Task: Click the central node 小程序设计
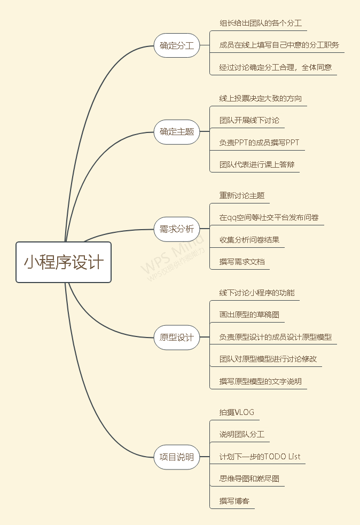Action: [64, 262]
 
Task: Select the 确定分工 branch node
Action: [177, 46]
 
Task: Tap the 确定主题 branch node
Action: [177, 131]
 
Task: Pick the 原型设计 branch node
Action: [177, 338]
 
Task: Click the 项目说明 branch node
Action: [177, 457]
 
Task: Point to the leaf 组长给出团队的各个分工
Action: [261, 23]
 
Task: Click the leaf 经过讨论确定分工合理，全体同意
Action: [276, 67]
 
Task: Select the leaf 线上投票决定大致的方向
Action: [261, 98]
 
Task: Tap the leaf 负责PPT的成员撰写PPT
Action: [259, 143]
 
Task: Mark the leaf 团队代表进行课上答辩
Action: [257, 164]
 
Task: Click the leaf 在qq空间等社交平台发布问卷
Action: [269, 217]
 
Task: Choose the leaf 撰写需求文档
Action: [242, 262]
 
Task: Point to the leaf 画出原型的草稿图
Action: [249, 315]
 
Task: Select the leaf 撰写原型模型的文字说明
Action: [261, 381]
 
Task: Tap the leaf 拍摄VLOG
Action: [237, 412]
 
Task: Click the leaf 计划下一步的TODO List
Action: [260, 457]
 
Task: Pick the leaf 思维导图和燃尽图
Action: [249, 479]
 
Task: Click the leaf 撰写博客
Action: [234, 501]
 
